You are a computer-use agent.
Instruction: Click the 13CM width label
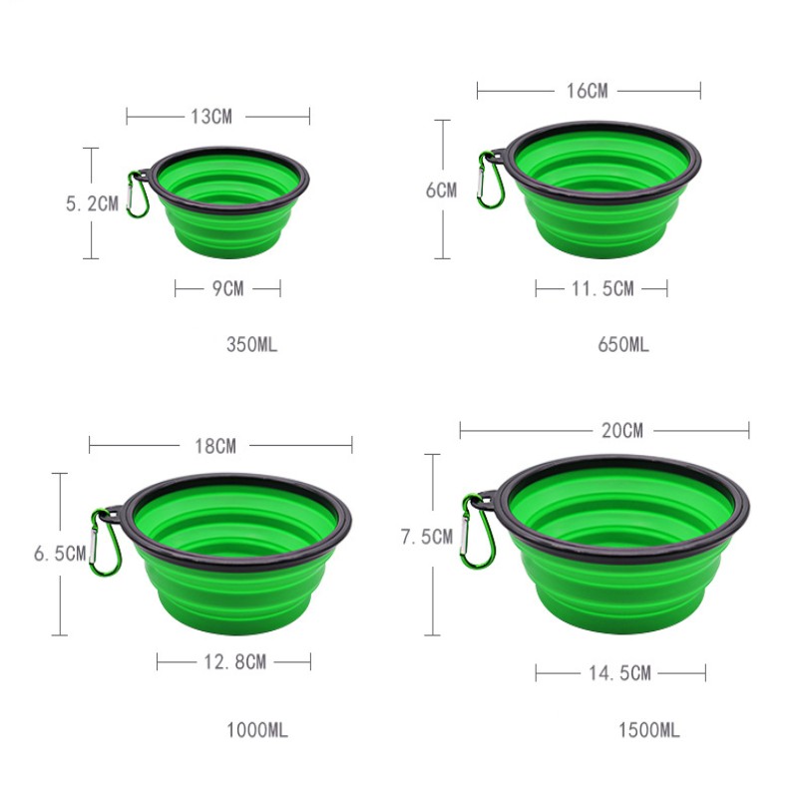[211, 117]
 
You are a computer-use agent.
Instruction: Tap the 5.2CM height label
[92, 203]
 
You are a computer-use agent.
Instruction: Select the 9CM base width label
[228, 288]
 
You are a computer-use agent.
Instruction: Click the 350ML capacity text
[252, 344]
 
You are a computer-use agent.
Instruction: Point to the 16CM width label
[588, 91]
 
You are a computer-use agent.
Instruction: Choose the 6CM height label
[441, 190]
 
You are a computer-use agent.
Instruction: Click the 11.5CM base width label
[603, 288]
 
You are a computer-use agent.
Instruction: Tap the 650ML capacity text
[623, 344]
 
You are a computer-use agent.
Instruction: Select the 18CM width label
[215, 446]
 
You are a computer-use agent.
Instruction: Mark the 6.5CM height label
[60, 554]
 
